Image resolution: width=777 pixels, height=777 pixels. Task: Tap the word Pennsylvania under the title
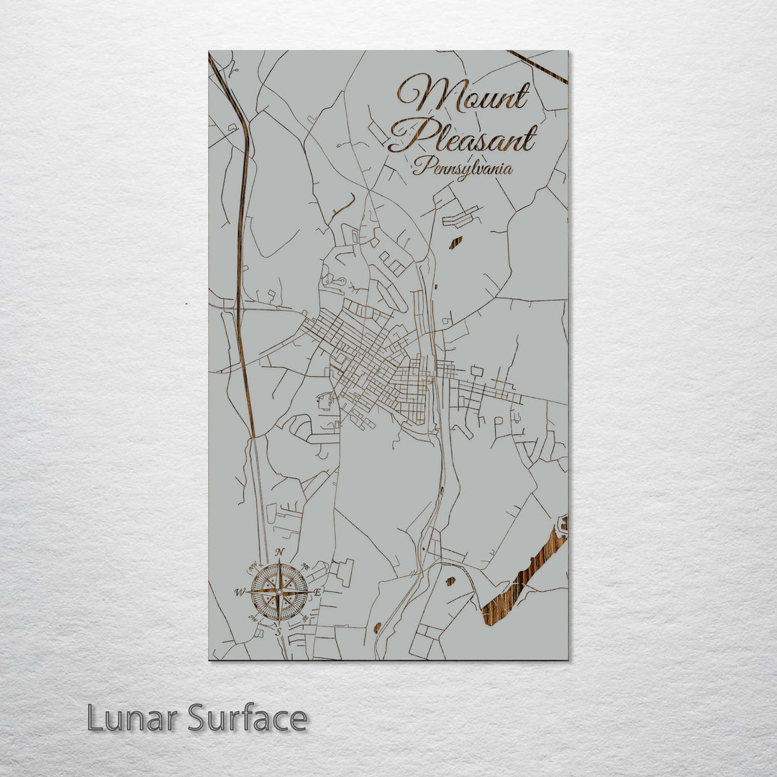(x=463, y=168)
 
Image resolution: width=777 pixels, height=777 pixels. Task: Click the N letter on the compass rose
(x=278, y=553)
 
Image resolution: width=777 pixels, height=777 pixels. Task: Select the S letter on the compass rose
(x=279, y=631)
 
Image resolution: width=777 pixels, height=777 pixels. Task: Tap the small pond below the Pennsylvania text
(x=455, y=243)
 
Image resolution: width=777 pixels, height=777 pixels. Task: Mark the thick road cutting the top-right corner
(x=538, y=66)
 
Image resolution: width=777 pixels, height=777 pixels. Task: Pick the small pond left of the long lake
(x=451, y=580)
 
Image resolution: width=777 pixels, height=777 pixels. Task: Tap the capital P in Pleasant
(x=409, y=136)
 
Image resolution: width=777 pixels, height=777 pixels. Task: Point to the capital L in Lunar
(x=94, y=718)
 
